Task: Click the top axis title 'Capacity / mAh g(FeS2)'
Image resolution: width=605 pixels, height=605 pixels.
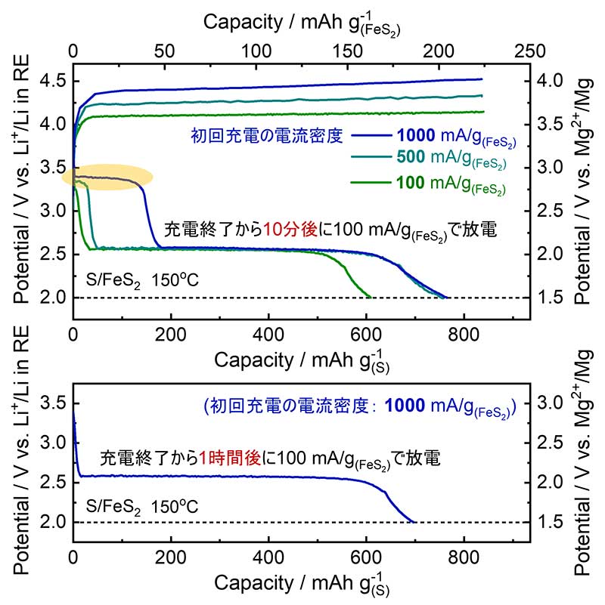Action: [x=302, y=23]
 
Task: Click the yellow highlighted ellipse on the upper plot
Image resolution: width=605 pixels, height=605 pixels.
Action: [x=107, y=177]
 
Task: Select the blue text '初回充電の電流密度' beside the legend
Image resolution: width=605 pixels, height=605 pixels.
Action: [x=278, y=137]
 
